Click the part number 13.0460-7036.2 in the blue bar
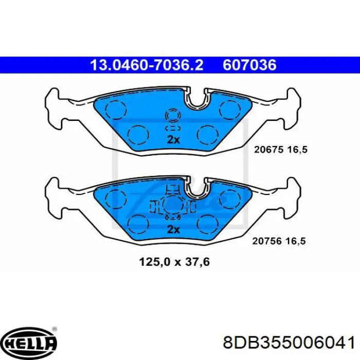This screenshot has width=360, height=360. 147,65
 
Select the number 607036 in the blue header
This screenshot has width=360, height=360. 249,65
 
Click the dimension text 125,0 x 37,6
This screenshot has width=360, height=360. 174,262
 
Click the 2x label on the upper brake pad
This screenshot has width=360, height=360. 173,140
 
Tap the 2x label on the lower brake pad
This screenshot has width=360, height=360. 173,230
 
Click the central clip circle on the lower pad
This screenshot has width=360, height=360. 172,206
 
